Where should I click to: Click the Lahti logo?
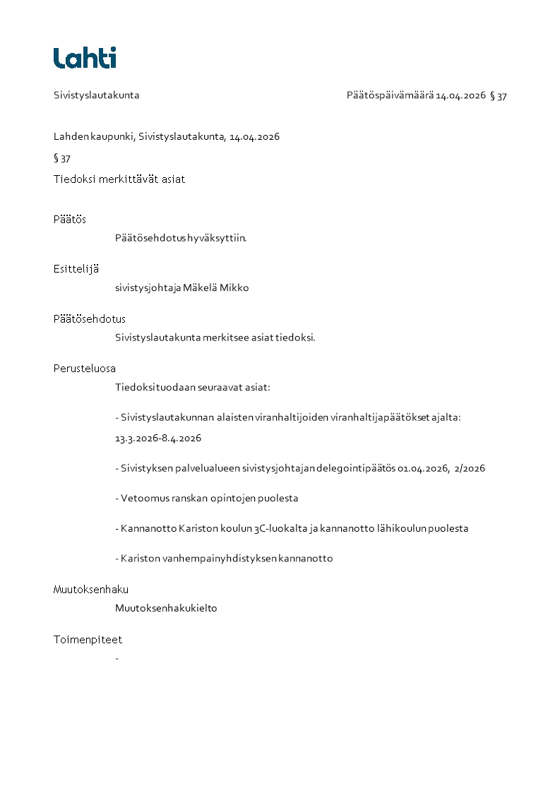point(85,58)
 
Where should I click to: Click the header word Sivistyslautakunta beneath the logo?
point(96,95)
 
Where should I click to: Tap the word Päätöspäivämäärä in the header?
point(390,95)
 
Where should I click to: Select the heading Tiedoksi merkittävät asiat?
point(119,179)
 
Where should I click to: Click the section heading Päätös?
point(69,220)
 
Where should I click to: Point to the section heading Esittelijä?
point(76,269)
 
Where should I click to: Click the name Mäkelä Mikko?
point(216,288)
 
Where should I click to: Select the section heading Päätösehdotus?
point(89,319)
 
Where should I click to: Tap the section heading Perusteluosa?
point(85,369)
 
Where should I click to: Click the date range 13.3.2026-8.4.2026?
point(158,439)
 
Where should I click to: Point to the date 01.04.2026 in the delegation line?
point(424,468)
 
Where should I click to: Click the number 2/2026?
point(470,468)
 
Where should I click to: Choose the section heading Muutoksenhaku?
point(91,590)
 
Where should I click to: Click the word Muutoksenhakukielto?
point(166,608)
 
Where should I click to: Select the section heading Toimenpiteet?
point(88,640)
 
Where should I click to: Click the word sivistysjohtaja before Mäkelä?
point(148,288)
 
